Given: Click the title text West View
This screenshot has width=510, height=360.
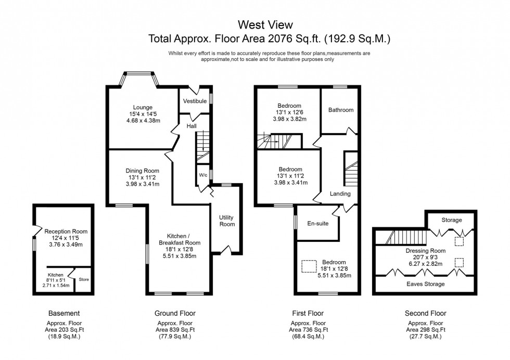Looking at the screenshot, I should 265,24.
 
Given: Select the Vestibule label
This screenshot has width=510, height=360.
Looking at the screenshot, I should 195,101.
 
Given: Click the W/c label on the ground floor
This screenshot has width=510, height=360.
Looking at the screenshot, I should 203,175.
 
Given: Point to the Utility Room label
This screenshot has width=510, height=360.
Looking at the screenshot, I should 227,221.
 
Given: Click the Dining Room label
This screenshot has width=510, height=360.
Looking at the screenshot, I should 142,171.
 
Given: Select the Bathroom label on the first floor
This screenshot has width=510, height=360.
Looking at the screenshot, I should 340,110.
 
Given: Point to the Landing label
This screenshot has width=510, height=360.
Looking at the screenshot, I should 340,194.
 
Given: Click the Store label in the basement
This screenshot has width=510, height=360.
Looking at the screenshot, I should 84,280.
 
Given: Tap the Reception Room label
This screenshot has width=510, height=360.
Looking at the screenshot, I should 66,232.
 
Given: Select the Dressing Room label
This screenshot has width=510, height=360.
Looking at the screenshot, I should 426,250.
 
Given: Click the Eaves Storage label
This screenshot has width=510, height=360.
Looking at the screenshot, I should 426,284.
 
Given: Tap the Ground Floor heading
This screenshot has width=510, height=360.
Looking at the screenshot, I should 175,313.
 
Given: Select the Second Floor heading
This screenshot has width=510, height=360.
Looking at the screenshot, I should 425,313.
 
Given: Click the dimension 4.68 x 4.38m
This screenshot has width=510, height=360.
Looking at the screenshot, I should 143,121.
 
